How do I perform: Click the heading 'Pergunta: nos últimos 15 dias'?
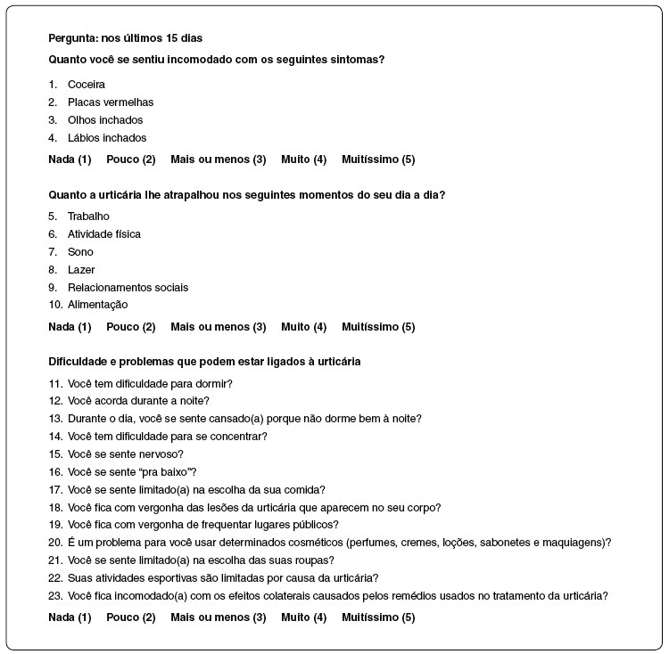(124, 38)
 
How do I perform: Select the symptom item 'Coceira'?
(86, 85)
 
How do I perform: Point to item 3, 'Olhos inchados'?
(104, 120)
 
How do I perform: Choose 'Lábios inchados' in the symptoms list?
(106, 138)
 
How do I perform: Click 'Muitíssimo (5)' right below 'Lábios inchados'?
(377, 159)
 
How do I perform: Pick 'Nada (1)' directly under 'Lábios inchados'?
(70, 159)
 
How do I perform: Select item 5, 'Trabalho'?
(88, 217)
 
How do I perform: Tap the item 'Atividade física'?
(103, 234)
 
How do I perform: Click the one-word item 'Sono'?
(80, 252)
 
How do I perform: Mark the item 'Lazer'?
(80, 270)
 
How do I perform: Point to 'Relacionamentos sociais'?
(128, 288)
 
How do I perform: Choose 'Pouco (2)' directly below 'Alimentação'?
(130, 327)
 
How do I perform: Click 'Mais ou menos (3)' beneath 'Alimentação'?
(218, 327)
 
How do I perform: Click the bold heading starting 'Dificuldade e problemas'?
(204, 361)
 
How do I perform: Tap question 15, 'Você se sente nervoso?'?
(125, 454)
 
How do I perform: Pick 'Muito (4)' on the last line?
(303, 617)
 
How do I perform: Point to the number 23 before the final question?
(54, 596)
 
